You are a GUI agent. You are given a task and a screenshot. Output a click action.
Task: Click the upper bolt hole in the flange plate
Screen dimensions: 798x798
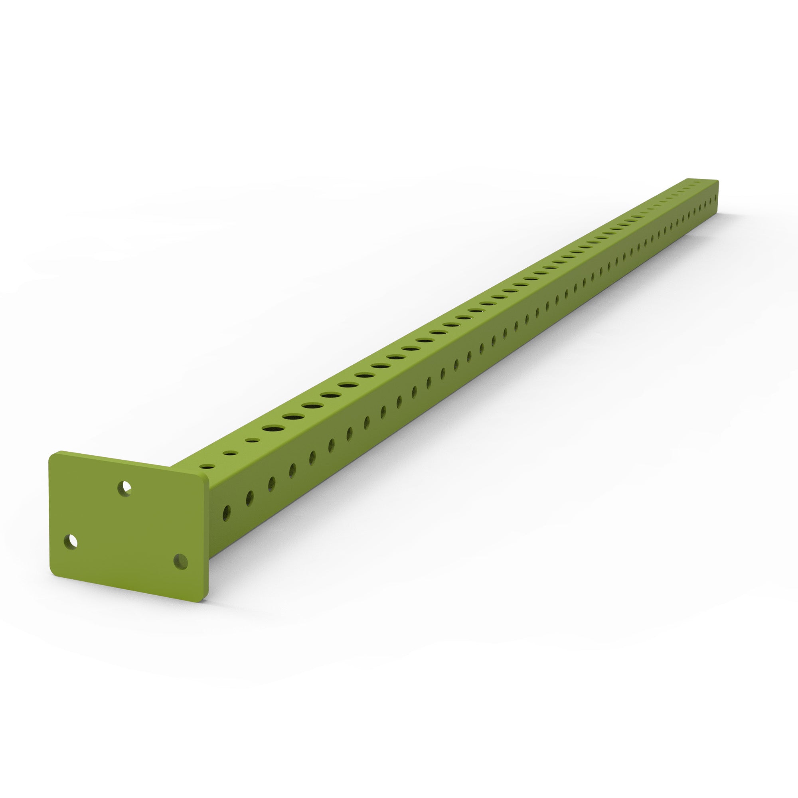pos(124,489)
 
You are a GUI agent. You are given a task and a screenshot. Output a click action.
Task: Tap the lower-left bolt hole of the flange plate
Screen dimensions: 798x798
pos(71,541)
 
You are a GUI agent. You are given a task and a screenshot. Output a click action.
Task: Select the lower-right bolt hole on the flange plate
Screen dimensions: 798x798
pos(180,562)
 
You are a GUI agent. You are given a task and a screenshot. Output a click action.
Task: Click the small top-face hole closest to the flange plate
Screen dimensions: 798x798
pos(207,466)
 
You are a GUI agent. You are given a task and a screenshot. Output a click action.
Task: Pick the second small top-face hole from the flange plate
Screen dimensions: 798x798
pos(230,453)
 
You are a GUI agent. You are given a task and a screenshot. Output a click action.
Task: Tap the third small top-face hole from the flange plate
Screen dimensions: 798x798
pos(252,440)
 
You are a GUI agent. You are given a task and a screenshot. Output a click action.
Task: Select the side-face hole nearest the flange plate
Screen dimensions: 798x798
pos(226,514)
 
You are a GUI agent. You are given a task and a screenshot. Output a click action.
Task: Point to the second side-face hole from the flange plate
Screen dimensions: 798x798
pos(249,498)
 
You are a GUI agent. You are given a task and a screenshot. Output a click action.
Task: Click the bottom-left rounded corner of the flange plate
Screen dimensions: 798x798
pos(55,574)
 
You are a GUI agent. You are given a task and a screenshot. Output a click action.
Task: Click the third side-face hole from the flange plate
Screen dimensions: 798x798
pos(271,484)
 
